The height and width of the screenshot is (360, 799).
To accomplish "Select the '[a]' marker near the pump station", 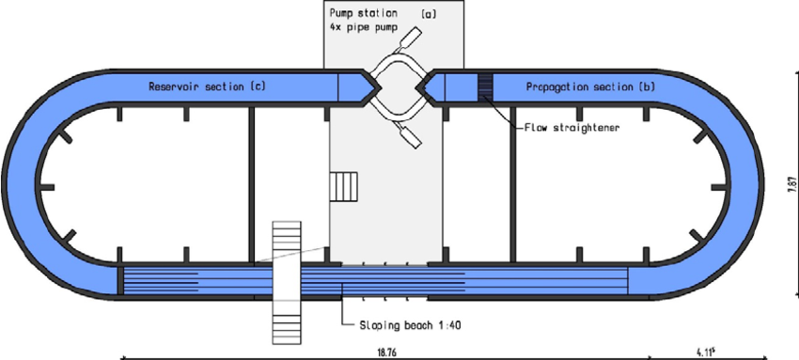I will [427, 14].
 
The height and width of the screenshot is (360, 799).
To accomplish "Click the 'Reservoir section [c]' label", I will [207, 86].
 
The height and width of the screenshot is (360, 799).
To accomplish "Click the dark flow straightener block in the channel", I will [485, 86].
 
